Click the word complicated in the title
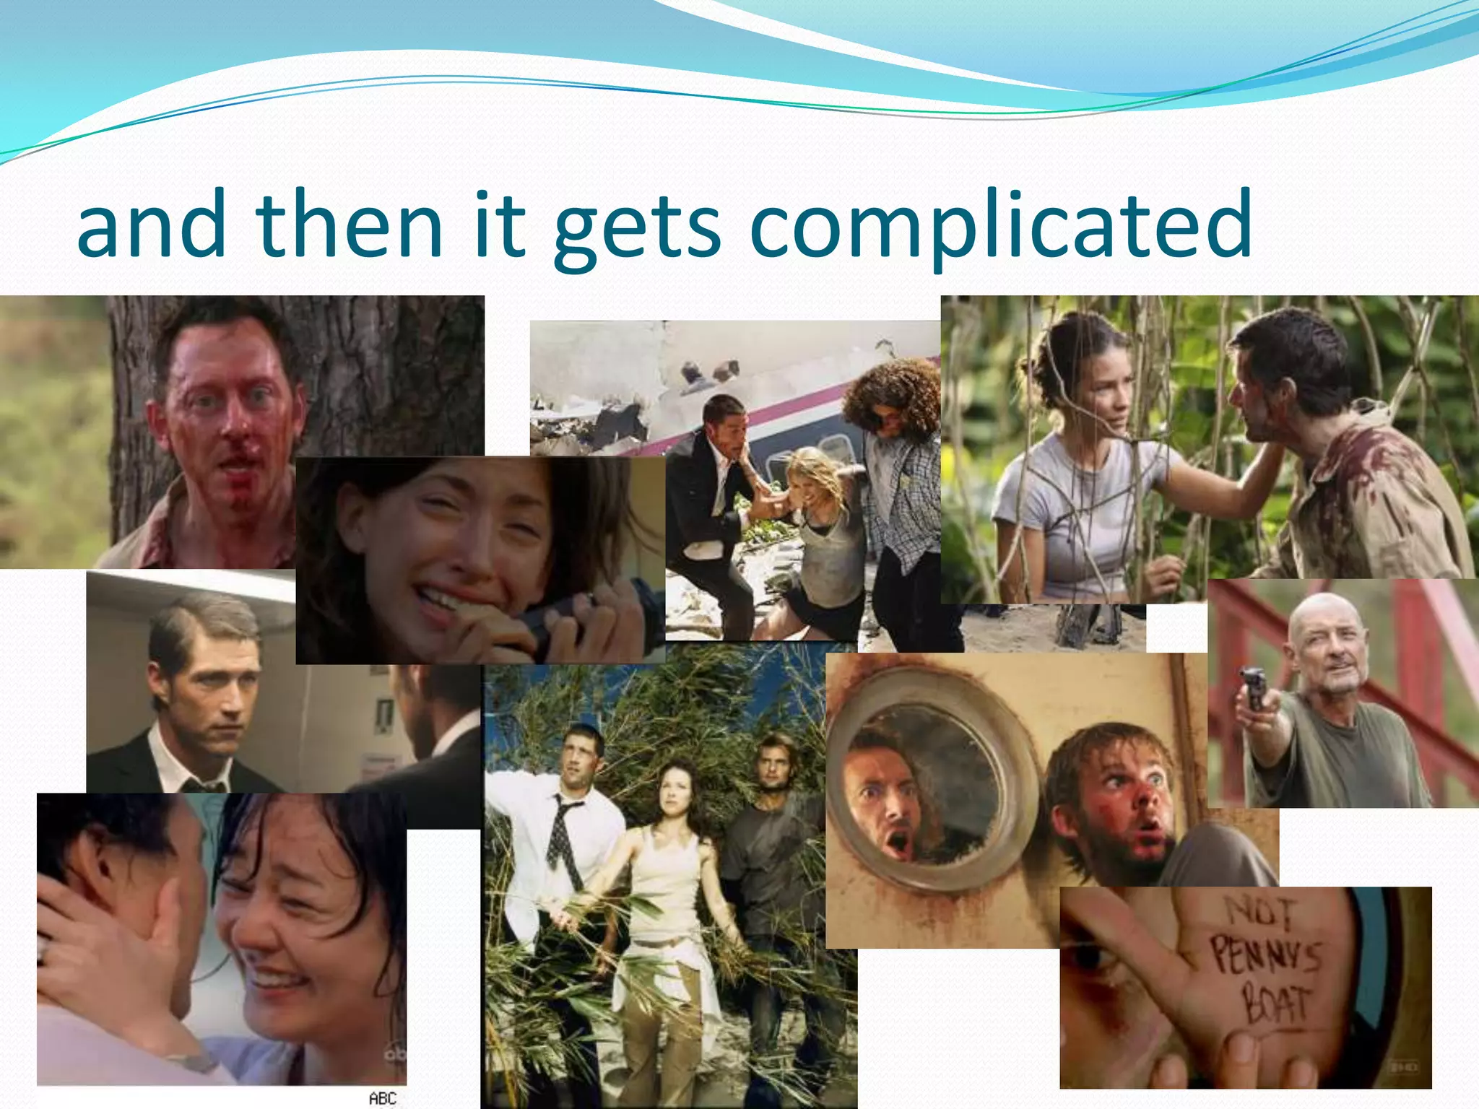[x=1000, y=225]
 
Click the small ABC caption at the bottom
[x=383, y=1098]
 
